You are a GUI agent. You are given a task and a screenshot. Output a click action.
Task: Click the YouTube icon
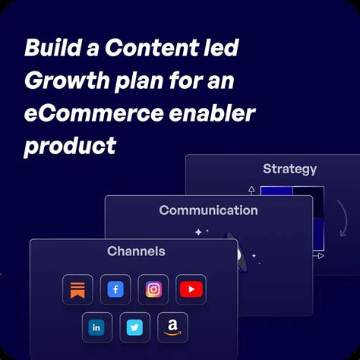click(191, 289)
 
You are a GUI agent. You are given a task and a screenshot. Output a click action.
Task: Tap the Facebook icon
click(115, 289)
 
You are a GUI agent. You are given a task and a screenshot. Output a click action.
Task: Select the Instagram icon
click(153, 289)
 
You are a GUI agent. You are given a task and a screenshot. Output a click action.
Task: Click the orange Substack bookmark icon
click(77, 289)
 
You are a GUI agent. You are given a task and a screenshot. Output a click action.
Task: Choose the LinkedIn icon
click(96, 327)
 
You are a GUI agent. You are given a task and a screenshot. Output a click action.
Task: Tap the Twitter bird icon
click(134, 327)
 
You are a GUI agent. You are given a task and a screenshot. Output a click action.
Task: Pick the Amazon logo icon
click(172, 327)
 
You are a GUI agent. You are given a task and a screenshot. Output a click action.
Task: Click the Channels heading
click(136, 251)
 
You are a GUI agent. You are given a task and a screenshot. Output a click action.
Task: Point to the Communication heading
click(208, 210)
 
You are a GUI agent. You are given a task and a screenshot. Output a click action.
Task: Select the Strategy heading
click(289, 169)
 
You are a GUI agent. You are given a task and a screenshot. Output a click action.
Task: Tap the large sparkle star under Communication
click(198, 232)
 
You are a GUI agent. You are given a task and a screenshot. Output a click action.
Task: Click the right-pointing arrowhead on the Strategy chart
click(321, 256)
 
